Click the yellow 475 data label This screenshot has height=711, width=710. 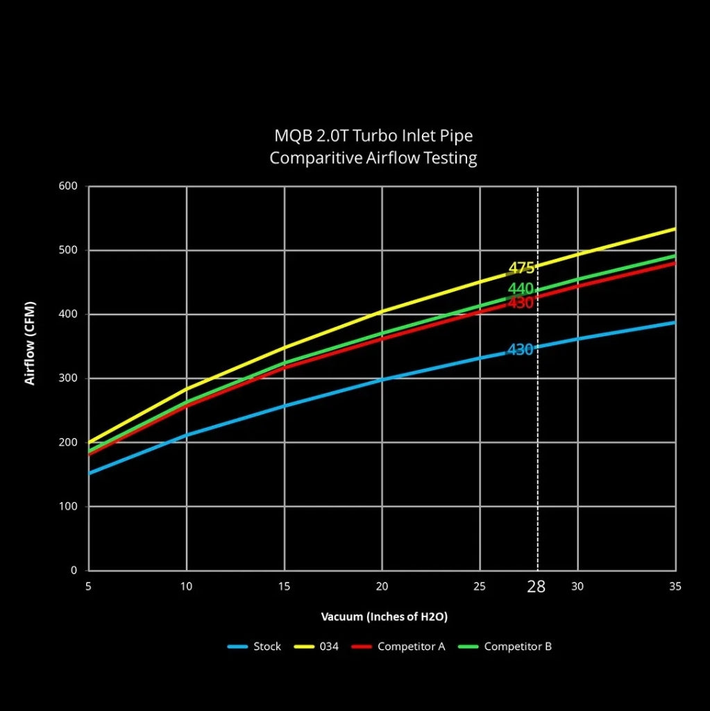[x=521, y=268]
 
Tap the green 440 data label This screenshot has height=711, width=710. [x=520, y=289]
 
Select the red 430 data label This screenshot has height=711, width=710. [x=520, y=303]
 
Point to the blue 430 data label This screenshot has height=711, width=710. [x=520, y=350]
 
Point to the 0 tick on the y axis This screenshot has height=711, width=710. [x=74, y=571]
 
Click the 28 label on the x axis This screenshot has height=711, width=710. [x=536, y=587]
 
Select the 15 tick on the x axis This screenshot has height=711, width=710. [x=284, y=587]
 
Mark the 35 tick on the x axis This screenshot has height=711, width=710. [x=675, y=587]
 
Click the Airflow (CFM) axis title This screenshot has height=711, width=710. [x=30, y=342]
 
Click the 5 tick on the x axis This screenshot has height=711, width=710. [x=88, y=587]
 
